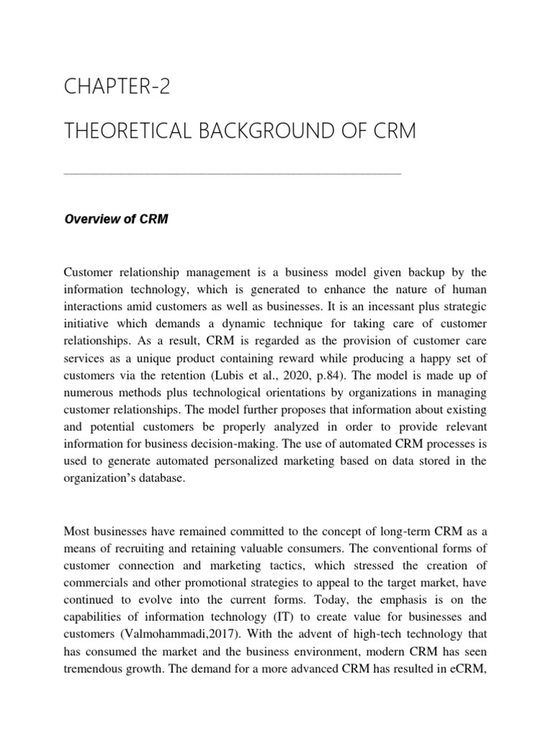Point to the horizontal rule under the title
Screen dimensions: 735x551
point(232,172)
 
